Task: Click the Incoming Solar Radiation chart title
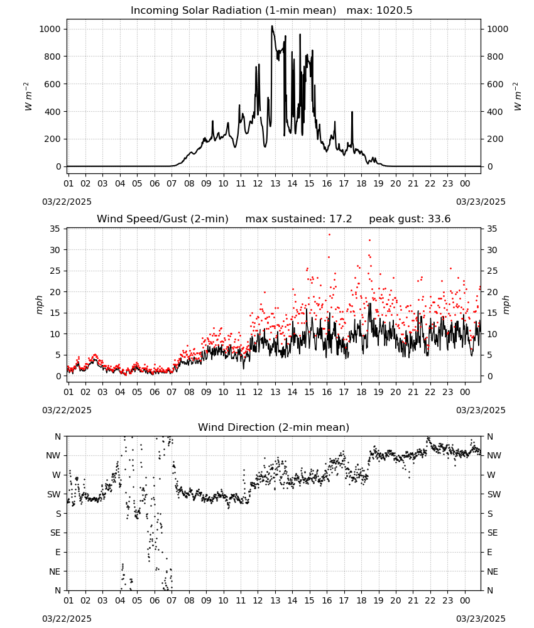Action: [x=234, y=11]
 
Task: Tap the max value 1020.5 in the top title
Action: [x=395, y=11]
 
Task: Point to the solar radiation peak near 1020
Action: [x=272, y=26]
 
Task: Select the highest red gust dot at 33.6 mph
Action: [x=329, y=235]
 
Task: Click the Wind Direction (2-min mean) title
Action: [x=274, y=427]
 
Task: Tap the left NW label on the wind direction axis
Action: [x=53, y=456]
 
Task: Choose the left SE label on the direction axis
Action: [x=55, y=533]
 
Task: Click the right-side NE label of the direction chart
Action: [x=493, y=572]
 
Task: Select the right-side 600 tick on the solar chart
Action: [x=495, y=84]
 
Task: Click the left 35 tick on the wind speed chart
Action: [x=55, y=229]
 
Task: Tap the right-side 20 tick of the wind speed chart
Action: [x=492, y=293]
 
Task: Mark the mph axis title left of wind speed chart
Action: [x=39, y=305]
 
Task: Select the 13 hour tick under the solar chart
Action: [x=275, y=183]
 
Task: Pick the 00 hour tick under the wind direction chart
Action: [x=465, y=600]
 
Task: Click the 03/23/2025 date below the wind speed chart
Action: [x=481, y=411]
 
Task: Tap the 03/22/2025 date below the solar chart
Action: [x=67, y=202]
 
